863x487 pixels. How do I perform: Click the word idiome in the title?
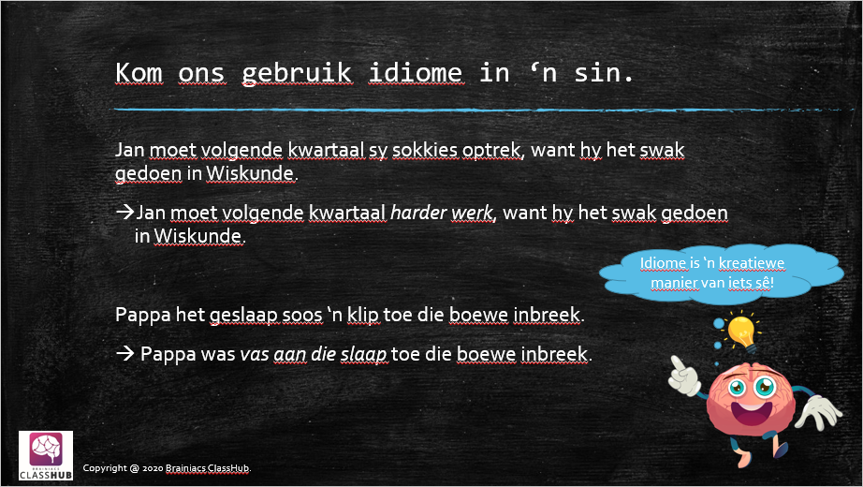[x=417, y=73]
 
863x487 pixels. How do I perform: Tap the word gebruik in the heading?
[x=297, y=74]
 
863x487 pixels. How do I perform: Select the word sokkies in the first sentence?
[x=425, y=149]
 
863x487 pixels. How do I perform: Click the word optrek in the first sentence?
[x=491, y=151]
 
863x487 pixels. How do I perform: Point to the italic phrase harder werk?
[x=442, y=212]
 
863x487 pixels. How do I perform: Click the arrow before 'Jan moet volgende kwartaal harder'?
[x=124, y=212]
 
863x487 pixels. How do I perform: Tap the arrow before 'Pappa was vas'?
[x=124, y=353]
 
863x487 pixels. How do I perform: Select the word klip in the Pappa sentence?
[x=362, y=315]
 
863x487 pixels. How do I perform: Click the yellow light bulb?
[x=741, y=332]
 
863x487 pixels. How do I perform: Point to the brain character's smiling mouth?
[x=751, y=411]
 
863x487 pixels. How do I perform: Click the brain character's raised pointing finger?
[x=677, y=364]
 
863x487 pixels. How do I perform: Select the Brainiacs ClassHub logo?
[x=46, y=455]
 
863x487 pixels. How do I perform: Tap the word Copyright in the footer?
[x=105, y=468]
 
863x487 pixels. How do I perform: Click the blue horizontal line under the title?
[x=484, y=111]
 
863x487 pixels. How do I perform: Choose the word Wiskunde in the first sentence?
[x=251, y=173]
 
